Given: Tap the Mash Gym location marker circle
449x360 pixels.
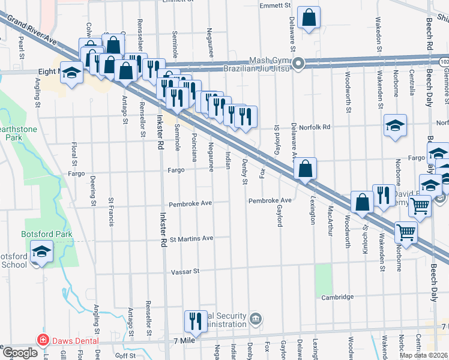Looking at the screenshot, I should (298, 63).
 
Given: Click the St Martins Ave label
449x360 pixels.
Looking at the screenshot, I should (191, 238).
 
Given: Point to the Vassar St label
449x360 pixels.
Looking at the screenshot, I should (185, 272).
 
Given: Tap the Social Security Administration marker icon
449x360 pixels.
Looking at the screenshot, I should (256, 317).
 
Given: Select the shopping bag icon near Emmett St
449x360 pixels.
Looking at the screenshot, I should (309, 18).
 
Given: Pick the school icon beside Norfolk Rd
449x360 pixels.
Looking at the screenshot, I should (394, 125).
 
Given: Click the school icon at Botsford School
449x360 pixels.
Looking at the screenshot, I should (41, 251).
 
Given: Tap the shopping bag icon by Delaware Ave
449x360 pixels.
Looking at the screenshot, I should (305, 169).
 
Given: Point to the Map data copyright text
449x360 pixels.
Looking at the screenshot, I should (423, 355).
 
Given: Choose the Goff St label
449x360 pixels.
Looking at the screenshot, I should (126, 355).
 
